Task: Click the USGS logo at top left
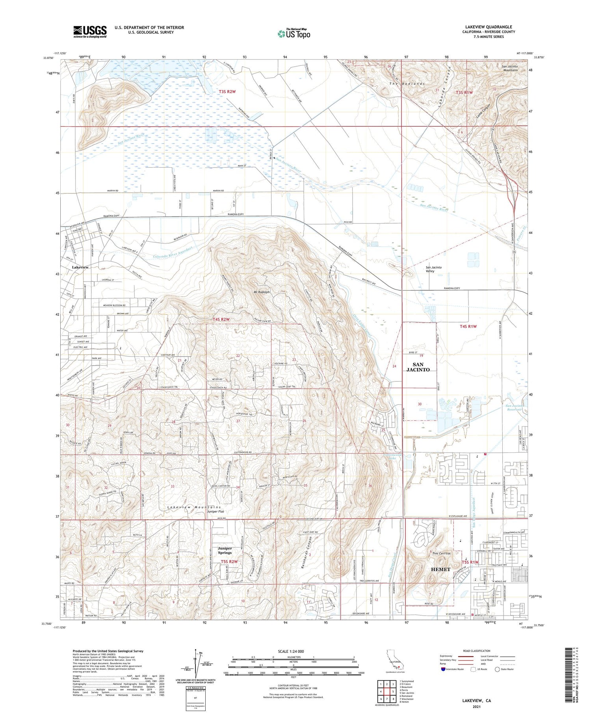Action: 90,32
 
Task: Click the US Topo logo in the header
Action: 294,34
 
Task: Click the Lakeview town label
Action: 80,267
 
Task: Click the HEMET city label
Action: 440,569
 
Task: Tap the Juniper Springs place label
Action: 225,551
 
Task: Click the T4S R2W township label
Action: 221,319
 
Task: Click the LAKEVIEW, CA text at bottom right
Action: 476,701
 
